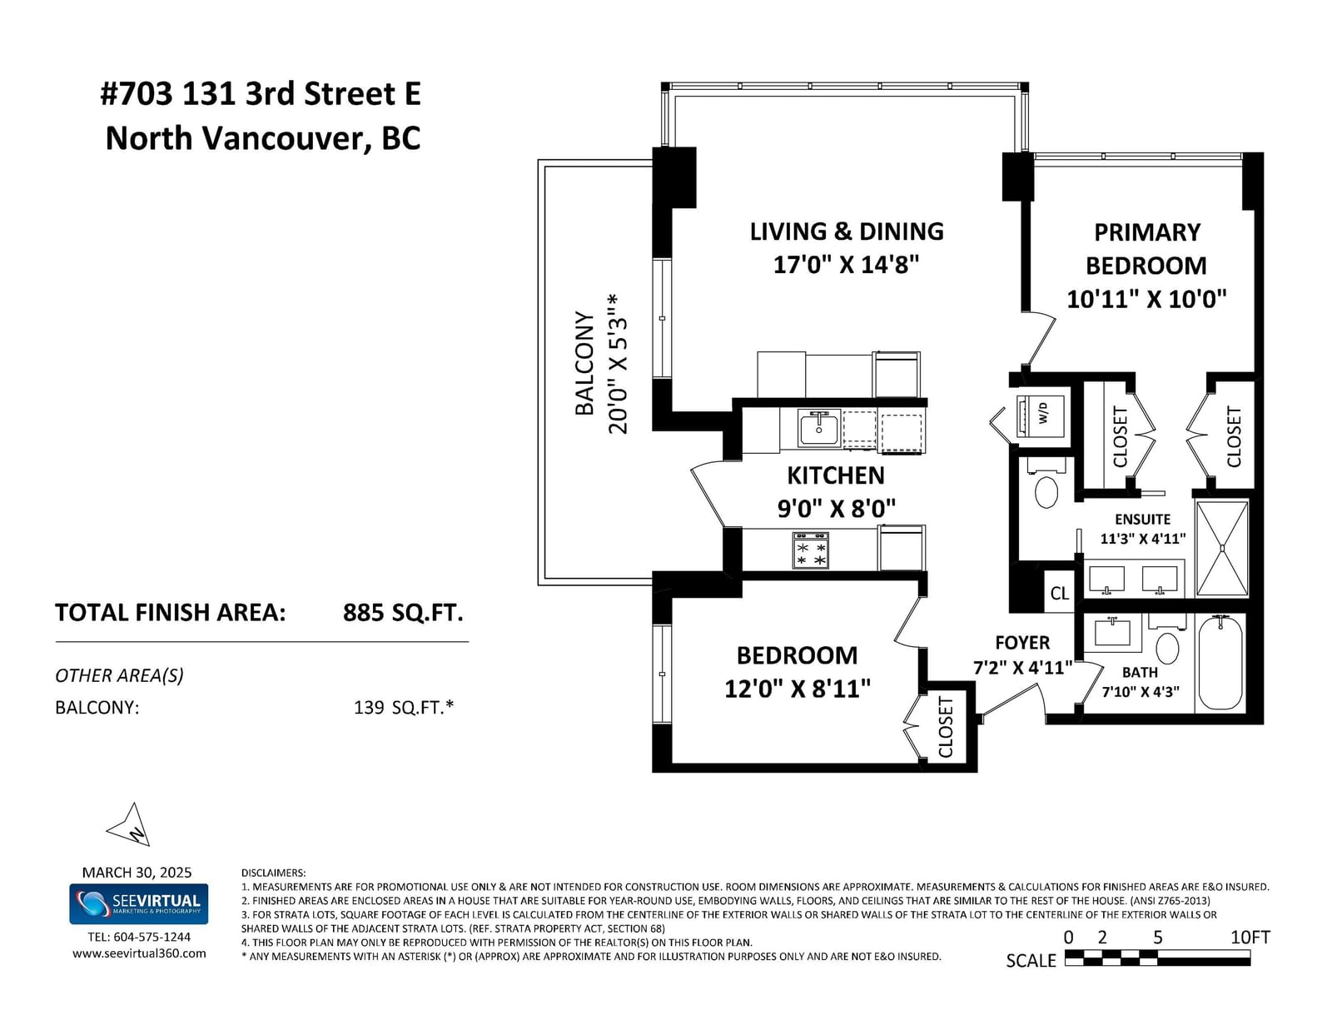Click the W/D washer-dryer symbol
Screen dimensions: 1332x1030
(x=1040, y=416)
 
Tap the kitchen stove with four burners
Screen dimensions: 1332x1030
(x=811, y=550)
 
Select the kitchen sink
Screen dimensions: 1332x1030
(x=819, y=429)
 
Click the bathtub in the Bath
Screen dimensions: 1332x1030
(x=1220, y=663)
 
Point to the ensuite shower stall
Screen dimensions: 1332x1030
(x=1222, y=548)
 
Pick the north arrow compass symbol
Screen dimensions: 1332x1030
(x=130, y=824)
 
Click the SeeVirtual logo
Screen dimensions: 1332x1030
(x=138, y=903)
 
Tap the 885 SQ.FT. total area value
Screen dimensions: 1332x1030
(x=403, y=613)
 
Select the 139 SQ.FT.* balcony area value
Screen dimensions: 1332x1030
(x=403, y=708)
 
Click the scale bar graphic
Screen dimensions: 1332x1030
(x=1157, y=958)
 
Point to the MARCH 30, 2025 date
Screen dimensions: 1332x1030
(x=137, y=873)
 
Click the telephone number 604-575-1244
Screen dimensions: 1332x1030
(x=152, y=937)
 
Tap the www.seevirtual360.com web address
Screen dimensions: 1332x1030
(x=139, y=953)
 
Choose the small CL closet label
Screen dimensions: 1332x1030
(x=1059, y=593)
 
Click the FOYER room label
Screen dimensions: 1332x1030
(x=1022, y=643)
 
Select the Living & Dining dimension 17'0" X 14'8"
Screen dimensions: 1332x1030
(x=846, y=265)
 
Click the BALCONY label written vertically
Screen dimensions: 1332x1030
(x=584, y=364)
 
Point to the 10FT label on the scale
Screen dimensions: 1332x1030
(x=1250, y=938)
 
